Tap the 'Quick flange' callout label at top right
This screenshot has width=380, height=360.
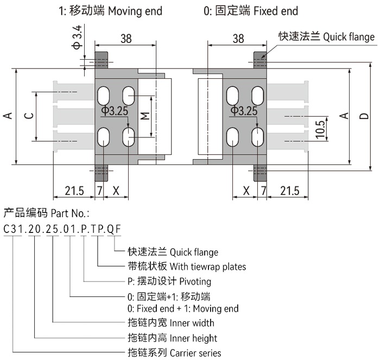click(326, 36)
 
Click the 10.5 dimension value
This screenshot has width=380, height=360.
click(319, 129)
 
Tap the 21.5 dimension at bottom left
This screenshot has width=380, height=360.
click(74, 191)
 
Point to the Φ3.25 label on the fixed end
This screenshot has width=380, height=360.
click(244, 111)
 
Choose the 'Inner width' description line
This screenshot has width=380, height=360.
click(172, 323)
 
